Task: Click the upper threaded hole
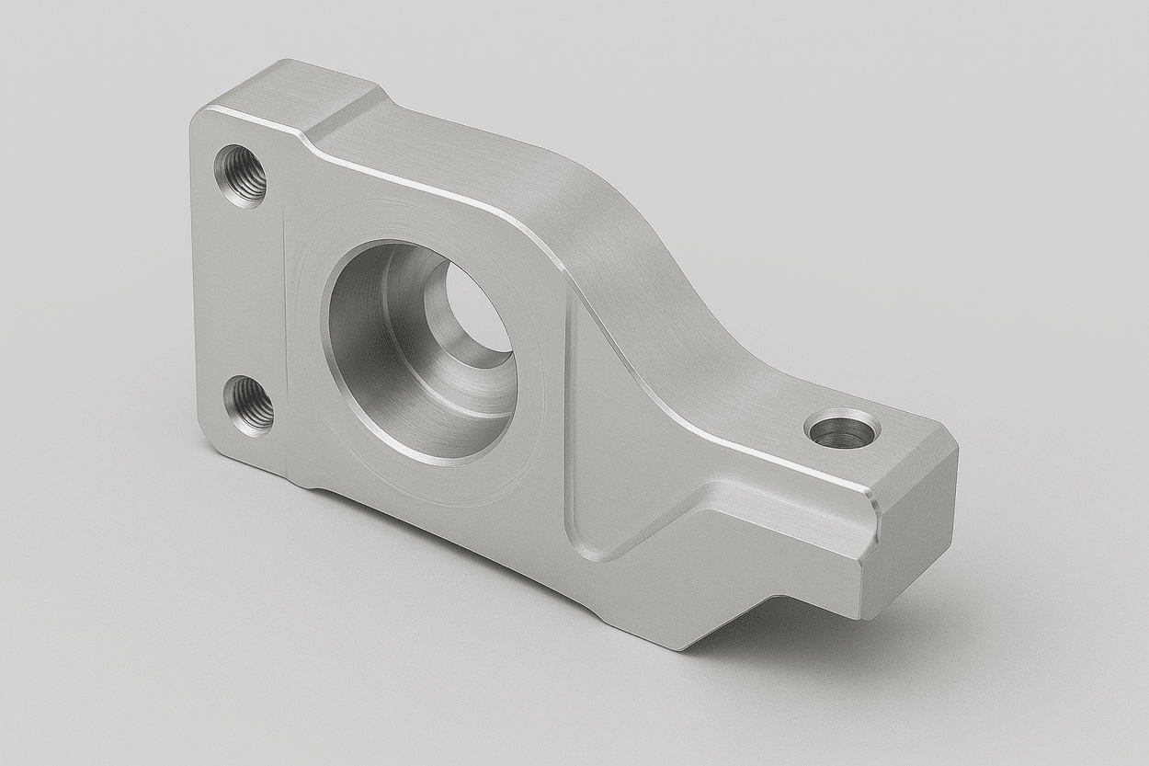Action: pos(241,176)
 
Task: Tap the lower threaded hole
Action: pos(249,406)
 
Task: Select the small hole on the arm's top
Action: pos(842,429)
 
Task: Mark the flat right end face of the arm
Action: pos(914,533)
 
